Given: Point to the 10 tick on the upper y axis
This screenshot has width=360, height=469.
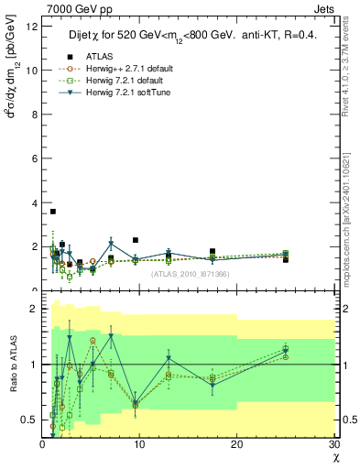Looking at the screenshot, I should pos(33,71).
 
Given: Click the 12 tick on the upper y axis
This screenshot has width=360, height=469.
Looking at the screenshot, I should pos(33,27).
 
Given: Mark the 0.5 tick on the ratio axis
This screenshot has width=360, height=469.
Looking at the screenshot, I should pos(31,420).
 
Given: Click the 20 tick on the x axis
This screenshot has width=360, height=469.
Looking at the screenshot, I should pos(236,444).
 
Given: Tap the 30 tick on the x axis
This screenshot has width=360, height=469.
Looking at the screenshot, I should pos(333,444).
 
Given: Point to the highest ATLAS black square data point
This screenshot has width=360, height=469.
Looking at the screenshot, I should pos(53,212).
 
